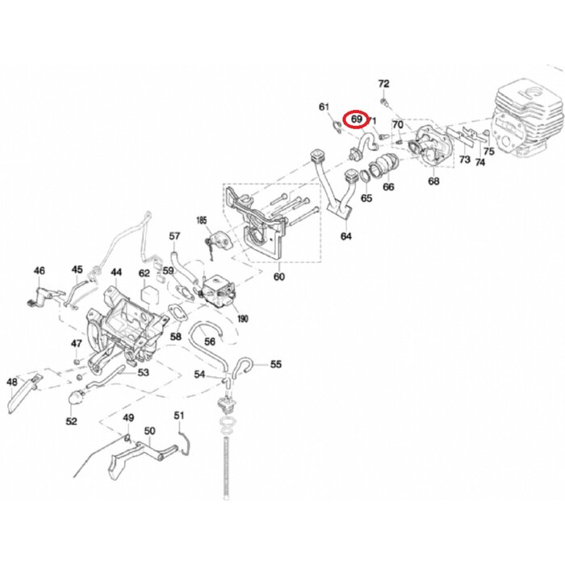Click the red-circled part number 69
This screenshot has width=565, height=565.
click(x=356, y=120)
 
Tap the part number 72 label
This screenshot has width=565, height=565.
click(x=383, y=84)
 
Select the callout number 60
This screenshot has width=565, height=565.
click(x=279, y=278)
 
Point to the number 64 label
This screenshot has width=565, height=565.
click(x=346, y=236)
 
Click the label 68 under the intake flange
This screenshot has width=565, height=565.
click(x=433, y=182)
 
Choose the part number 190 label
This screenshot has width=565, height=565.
click(x=242, y=318)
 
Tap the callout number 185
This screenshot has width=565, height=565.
click(x=201, y=220)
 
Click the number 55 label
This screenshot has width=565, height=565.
click(x=276, y=365)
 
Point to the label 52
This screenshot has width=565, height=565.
click(x=71, y=421)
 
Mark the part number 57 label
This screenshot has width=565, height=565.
click(x=174, y=236)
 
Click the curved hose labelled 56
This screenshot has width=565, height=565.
click(x=209, y=330)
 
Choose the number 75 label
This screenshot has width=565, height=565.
click(x=488, y=152)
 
